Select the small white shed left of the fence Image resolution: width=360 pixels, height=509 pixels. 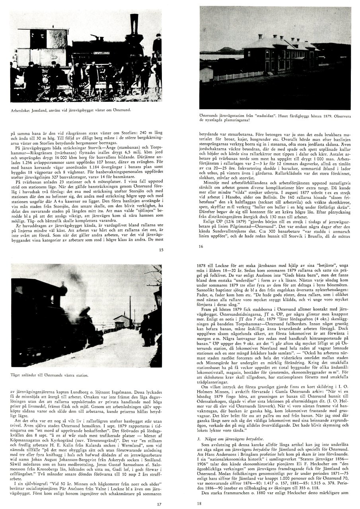(x=206, y=74)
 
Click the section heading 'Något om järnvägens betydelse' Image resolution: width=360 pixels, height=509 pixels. (x=232, y=439)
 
